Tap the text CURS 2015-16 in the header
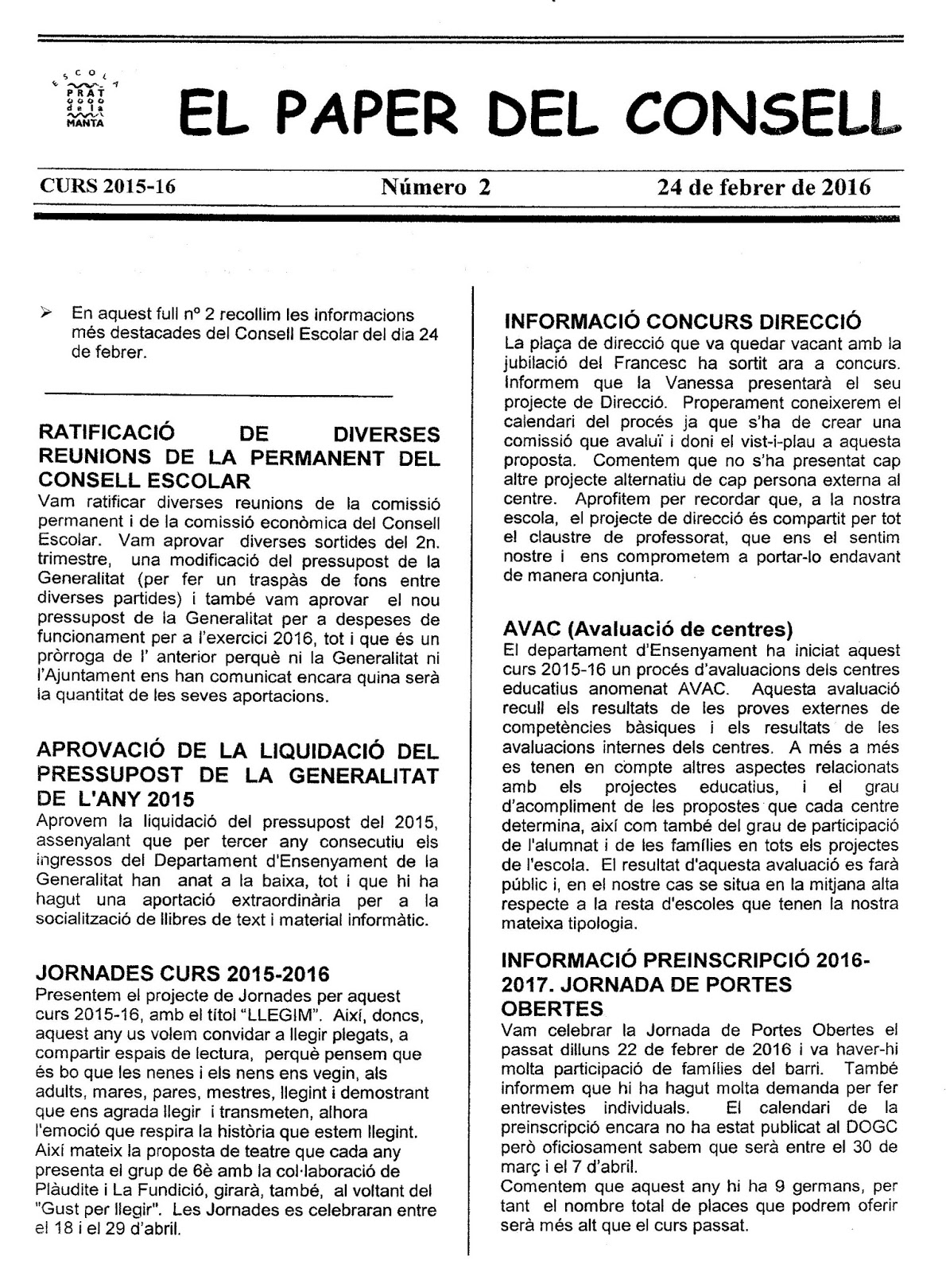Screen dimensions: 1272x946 (107, 187)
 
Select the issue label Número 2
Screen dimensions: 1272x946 (436, 187)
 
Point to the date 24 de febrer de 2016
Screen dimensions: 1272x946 (763, 187)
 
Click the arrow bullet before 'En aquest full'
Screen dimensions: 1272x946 (47, 314)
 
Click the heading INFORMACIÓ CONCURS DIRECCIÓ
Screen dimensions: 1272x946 (683, 322)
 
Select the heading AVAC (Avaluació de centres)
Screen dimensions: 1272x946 (649, 630)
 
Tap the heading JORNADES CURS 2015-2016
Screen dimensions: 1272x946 (184, 974)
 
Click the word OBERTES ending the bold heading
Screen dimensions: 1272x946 (552, 1009)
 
